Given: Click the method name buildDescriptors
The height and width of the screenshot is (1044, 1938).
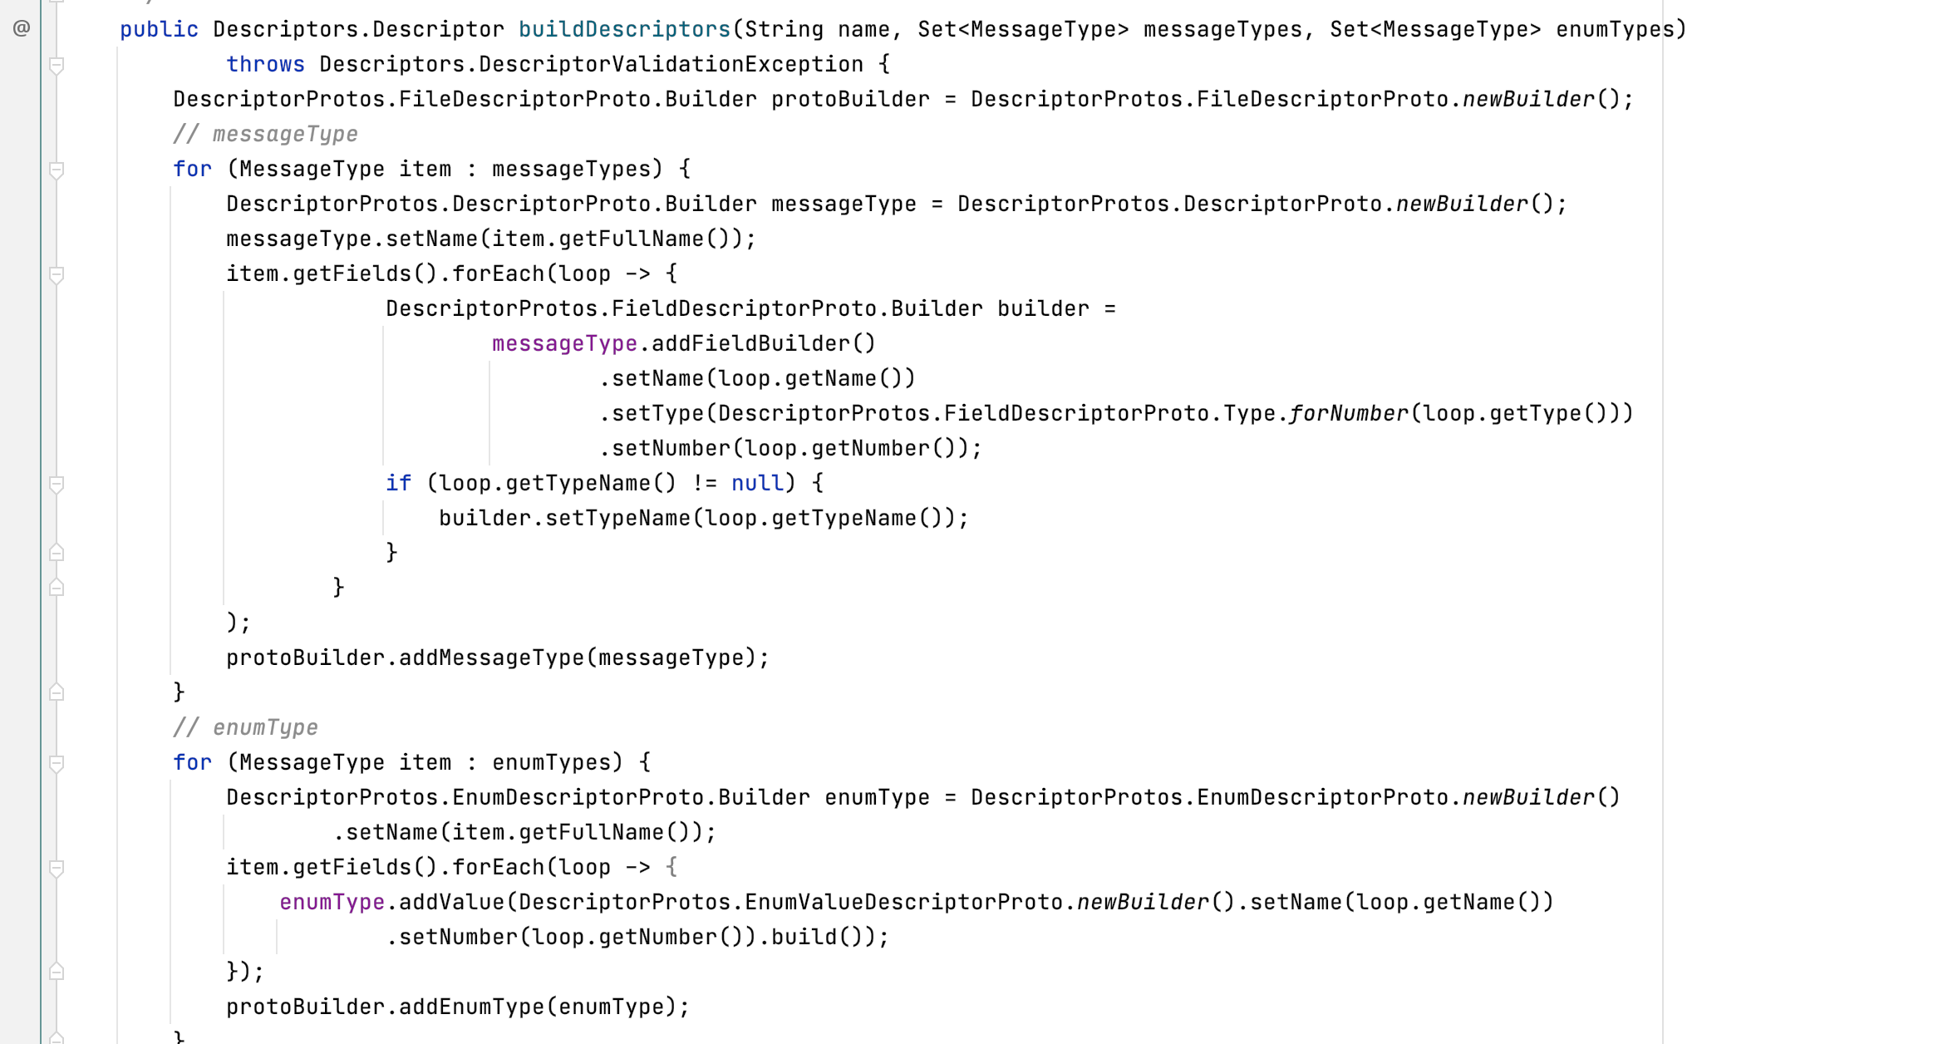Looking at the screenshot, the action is coord(623,30).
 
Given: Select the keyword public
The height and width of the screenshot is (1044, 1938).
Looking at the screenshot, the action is coord(159,30).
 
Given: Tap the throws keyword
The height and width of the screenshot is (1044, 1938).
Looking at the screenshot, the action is coord(265,65).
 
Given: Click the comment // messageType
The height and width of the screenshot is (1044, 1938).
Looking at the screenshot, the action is coord(265,135).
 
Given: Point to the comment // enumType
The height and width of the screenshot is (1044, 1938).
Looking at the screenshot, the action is coord(245,728).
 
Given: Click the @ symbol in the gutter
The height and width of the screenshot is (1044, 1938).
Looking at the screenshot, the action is coord(22,29).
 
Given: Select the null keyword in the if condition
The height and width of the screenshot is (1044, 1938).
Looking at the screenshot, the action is coord(757,484).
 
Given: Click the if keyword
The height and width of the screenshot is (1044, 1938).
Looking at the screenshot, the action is coord(398,484).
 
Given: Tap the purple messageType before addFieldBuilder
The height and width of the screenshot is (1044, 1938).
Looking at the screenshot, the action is coord(564,344).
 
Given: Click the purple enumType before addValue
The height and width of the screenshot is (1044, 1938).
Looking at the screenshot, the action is coord(332,903).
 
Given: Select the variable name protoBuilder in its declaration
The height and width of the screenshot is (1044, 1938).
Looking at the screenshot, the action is coord(850,100).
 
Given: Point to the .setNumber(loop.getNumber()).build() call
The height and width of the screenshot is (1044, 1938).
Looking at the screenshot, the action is coord(637,938).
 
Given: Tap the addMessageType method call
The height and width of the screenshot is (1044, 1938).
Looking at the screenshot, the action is coord(490,658).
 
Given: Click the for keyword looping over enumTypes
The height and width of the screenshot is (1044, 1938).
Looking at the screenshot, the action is coord(192,763).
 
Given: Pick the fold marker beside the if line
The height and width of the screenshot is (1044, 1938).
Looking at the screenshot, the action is coord(57,484).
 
